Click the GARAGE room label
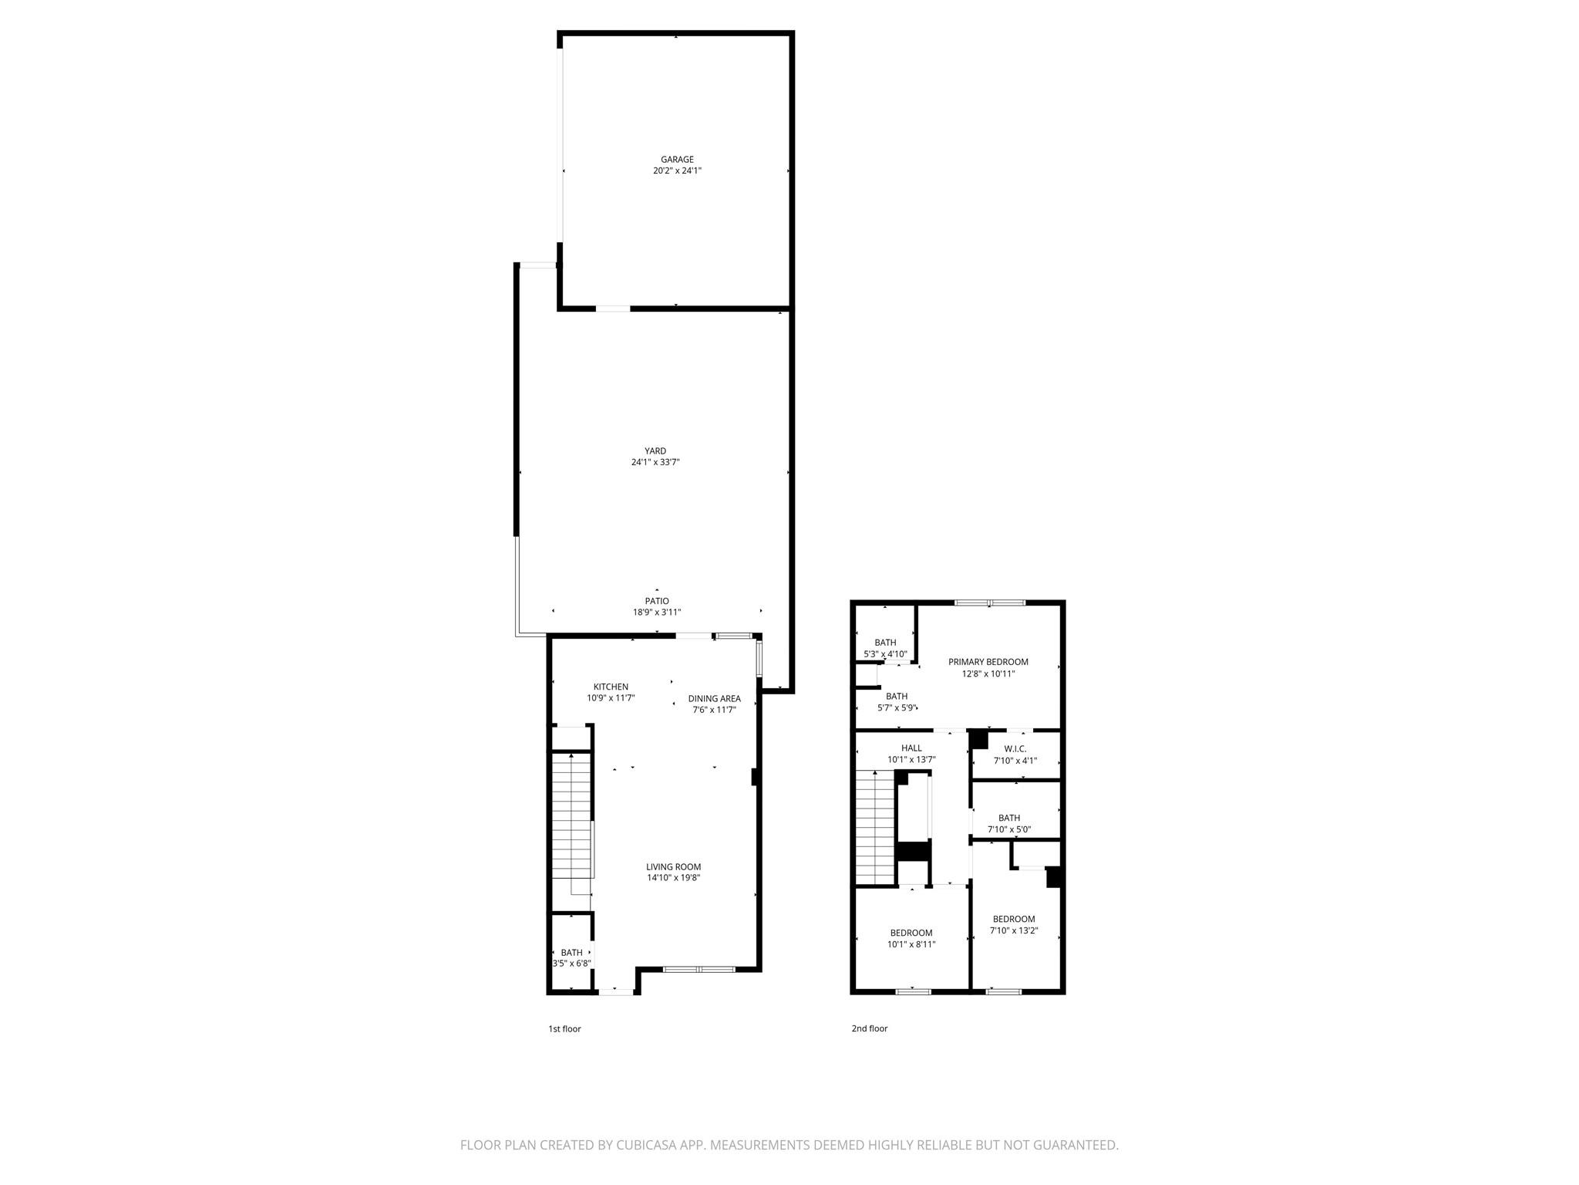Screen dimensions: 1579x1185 [677, 160]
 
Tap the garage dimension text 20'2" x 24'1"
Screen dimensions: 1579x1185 [677, 171]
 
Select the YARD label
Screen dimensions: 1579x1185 [655, 451]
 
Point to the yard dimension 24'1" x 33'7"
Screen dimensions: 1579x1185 [655, 463]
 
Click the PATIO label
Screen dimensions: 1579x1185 [657, 601]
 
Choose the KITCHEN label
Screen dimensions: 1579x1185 [611, 687]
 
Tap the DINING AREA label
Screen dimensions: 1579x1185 [715, 699]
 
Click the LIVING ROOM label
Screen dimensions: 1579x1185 [674, 866]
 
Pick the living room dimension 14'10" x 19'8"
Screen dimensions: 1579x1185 [674, 878]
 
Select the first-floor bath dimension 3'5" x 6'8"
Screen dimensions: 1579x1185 [572, 964]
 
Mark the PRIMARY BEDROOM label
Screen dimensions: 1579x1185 [988, 662]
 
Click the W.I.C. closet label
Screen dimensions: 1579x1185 [1015, 749]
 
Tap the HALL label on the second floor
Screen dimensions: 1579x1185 [911, 748]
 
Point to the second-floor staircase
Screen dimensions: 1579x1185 [874, 827]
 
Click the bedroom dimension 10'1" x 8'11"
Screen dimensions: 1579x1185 [911, 944]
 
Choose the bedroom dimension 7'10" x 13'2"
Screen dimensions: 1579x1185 [1014, 930]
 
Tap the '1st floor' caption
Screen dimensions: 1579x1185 [564, 1028]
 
